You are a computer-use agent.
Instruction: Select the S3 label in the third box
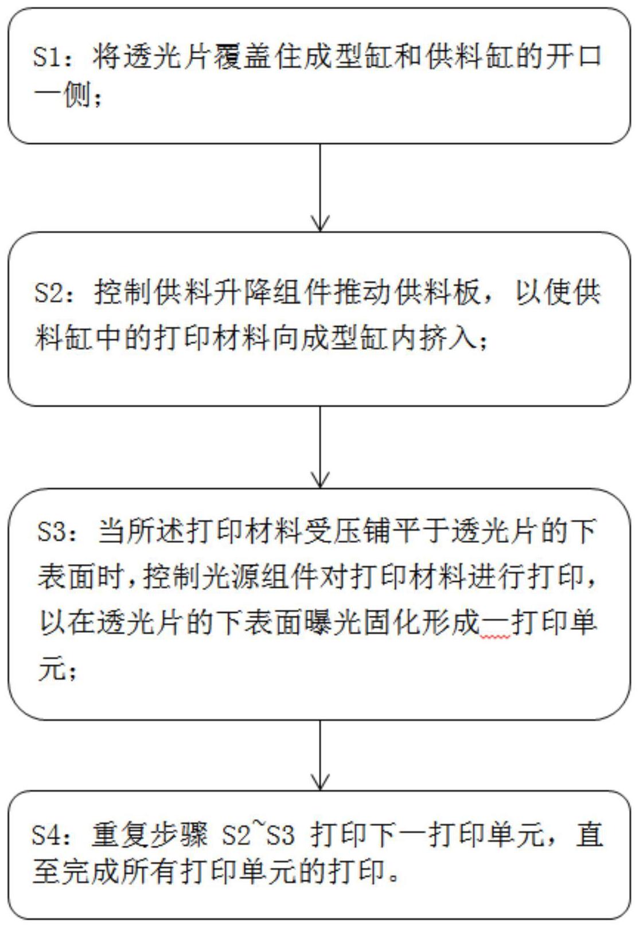click(x=51, y=531)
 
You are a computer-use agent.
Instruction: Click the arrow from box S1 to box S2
click(x=319, y=187)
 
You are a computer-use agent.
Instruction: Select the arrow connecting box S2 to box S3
click(x=319, y=447)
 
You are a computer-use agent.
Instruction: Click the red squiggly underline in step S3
click(x=495, y=637)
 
